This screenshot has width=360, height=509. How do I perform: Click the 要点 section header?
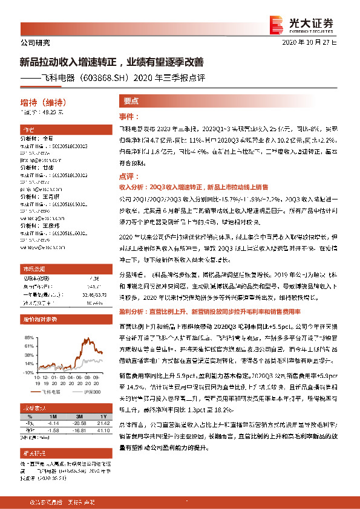131,102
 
